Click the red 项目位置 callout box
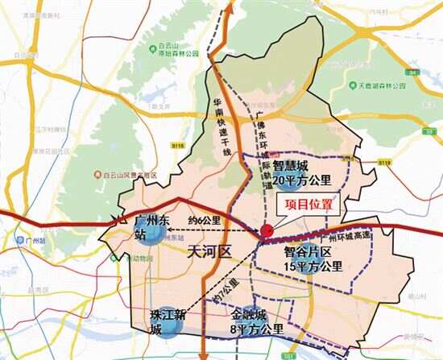tap(309, 205)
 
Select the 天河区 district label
tap(208, 251)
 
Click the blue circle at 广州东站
tap(156, 234)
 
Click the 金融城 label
tap(247, 315)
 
